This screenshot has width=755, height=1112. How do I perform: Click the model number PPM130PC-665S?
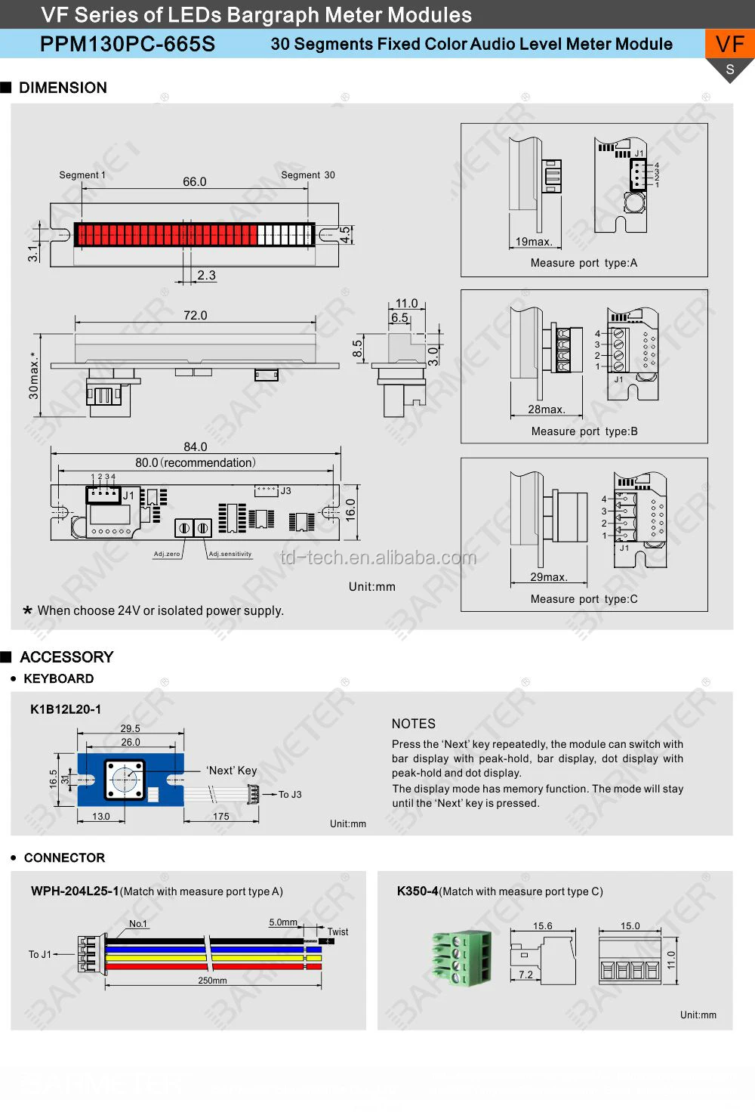pyautogui.click(x=127, y=44)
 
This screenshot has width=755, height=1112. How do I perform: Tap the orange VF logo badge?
pyautogui.click(x=729, y=45)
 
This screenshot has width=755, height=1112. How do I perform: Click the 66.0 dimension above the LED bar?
pyautogui.click(x=194, y=181)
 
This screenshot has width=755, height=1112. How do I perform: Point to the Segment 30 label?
pyautogui.click(x=307, y=175)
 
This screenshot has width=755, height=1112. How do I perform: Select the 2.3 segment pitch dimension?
pyautogui.click(x=206, y=275)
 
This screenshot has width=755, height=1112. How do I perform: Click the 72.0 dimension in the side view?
pyautogui.click(x=195, y=315)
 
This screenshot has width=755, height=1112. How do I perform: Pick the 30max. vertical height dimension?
pyautogui.click(x=33, y=375)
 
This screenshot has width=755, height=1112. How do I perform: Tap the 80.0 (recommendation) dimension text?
pyautogui.click(x=196, y=462)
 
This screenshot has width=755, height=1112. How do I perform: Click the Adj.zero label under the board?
pyautogui.click(x=167, y=554)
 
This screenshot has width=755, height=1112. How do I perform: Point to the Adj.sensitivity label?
pyautogui.click(x=230, y=554)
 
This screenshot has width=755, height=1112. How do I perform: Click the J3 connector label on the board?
pyautogui.click(x=285, y=491)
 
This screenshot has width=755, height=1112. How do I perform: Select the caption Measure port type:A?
pyautogui.click(x=584, y=263)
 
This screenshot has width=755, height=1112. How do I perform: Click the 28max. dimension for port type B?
pyautogui.click(x=546, y=409)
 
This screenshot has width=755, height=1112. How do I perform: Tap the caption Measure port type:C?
pyautogui.click(x=584, y=599)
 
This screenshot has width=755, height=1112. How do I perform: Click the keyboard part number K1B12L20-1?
pyautogui.click(x=66, y=709)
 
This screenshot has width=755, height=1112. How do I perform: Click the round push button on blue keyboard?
pyautogui.click(x=125, y=780)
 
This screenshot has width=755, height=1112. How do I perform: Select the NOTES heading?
pyautogui.click(x=413, y=723)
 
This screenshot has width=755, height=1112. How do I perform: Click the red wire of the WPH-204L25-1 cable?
pyautogui.click(x=211, y=966)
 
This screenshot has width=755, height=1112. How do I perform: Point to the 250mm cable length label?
pyautogui.click(x=212, y=981)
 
